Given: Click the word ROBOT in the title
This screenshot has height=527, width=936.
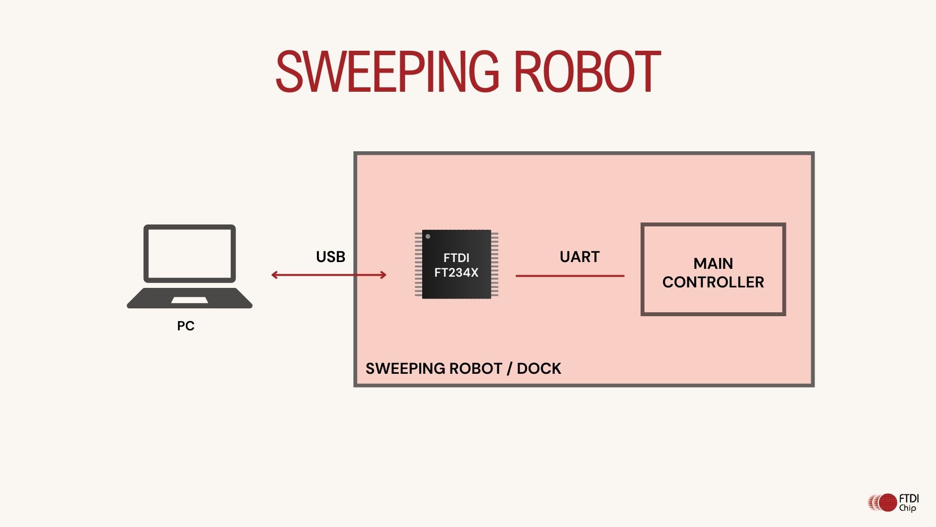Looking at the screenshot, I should tap(587, 72).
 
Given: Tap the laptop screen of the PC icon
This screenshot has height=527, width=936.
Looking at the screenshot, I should tap(190, 253).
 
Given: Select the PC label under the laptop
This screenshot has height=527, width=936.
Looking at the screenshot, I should tap(186, 326).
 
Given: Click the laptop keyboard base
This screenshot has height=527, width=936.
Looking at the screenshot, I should tap(190, 298).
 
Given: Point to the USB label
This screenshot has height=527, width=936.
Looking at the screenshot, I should tap(331, 257).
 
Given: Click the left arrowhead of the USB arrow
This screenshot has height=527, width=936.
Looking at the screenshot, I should tap(274, 275).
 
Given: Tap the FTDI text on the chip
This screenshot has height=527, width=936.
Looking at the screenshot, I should tap(456, 258).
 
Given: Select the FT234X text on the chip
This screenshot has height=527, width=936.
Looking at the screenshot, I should tap(456, 273).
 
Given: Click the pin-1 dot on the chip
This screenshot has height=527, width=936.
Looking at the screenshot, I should tap(428, 237).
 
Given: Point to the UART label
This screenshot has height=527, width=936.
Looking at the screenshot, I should tap(580, 257).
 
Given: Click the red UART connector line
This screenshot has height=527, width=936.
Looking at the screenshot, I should tap(570, 276).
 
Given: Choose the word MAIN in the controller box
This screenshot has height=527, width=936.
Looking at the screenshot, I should tap(713, 263).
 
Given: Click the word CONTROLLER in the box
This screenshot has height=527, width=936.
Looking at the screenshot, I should tap(713, 282).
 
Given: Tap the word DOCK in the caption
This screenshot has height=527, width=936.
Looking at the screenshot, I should tap(539, 368).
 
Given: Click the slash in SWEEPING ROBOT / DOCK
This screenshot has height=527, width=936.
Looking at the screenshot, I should tap(509, 368).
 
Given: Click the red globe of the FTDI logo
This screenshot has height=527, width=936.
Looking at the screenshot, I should tap(888, 503).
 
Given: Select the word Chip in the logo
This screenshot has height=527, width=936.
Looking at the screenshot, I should tap(908, 508).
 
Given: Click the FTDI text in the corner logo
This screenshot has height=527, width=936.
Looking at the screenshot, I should tap(909, 499).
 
